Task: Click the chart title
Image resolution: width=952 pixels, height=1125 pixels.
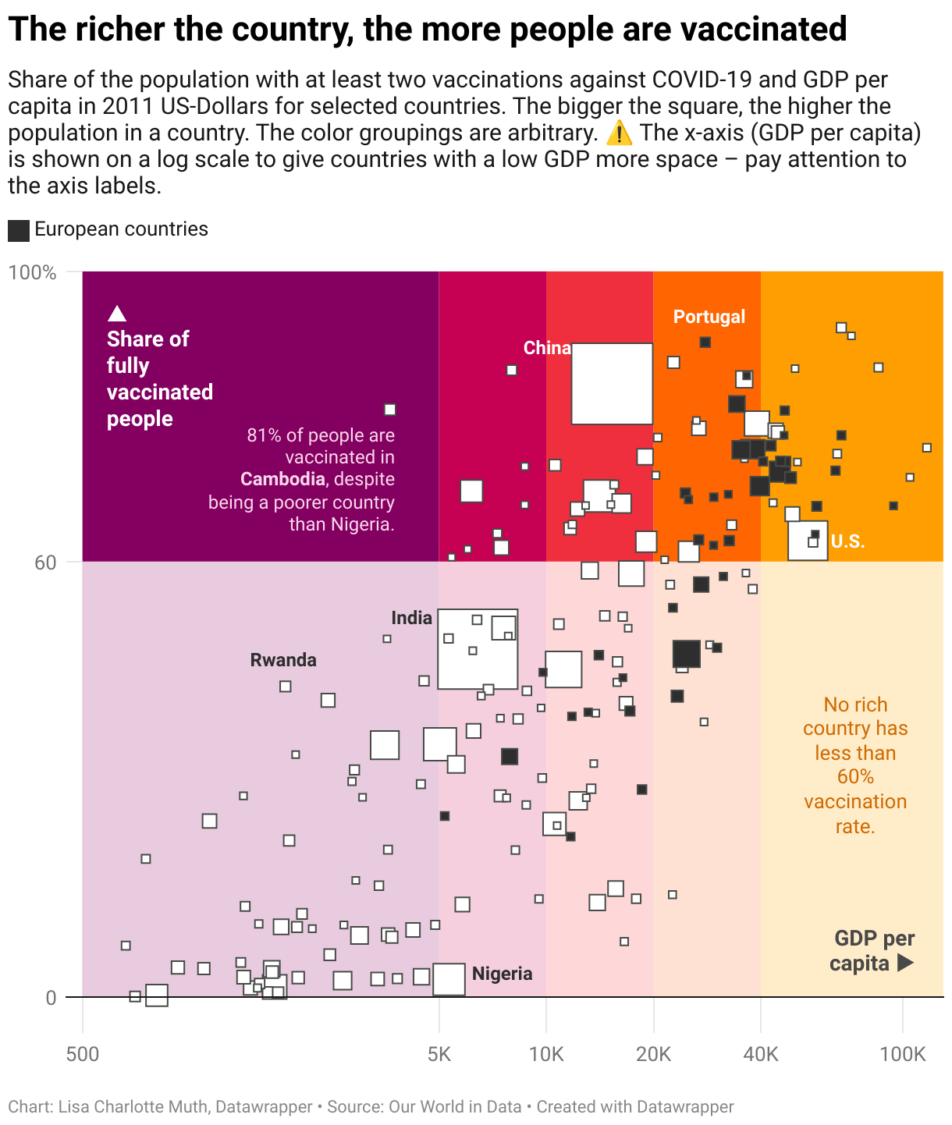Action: pos(427,30)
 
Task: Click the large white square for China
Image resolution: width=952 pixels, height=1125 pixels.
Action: pos(612,384)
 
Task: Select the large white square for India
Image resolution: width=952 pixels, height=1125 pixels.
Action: pos(477,649)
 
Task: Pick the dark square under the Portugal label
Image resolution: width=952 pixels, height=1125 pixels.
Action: pos(705,342)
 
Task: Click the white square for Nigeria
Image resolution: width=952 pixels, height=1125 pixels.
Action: pos(449,979)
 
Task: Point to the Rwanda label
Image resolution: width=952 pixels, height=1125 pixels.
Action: pos(283,660)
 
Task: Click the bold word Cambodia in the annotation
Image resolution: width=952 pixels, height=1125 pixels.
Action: pos(282,479)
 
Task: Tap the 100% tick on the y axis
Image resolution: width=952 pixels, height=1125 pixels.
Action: pos(33,272)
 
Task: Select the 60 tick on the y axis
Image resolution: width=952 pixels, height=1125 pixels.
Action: pos(45,562)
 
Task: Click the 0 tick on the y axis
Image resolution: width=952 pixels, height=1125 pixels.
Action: pos(51,997)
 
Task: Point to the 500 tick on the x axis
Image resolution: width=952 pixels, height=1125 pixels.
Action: pos(83,1055)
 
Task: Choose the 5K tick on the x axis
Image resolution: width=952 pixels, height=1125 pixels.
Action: pos(439,1055)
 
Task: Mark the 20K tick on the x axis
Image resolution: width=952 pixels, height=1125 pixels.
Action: pos(653,1055)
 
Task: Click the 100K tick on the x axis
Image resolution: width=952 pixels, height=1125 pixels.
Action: pos(902,1055)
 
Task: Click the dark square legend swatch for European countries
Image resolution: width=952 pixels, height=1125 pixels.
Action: pos(19,230)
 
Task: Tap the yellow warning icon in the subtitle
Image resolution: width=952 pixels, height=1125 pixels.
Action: pos(619,133)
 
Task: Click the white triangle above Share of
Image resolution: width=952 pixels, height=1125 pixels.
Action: pos(117,314)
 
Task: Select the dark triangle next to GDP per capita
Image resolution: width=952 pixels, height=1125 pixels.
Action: pos(905,963)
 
